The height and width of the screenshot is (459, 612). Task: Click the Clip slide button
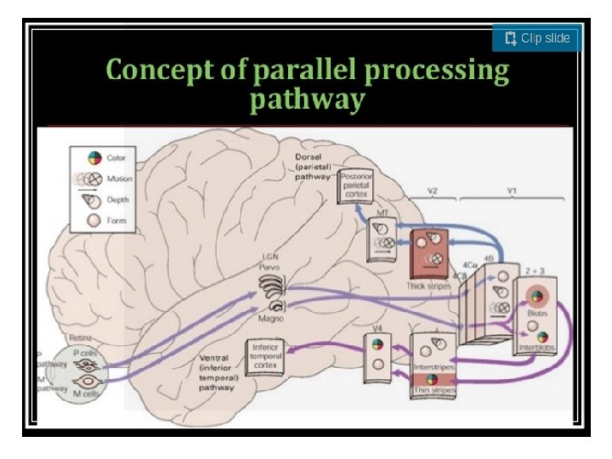[537, 38]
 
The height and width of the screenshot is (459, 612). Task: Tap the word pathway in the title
[307, 100]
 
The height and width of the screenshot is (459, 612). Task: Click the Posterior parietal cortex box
[355, 184]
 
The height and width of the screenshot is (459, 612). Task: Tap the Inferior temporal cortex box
[264, 355]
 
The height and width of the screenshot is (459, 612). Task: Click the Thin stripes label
[433, 389]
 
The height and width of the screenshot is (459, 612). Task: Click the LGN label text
[269, 257]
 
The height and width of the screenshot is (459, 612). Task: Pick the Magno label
[270, 319]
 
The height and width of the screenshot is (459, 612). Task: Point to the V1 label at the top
[512, 192]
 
